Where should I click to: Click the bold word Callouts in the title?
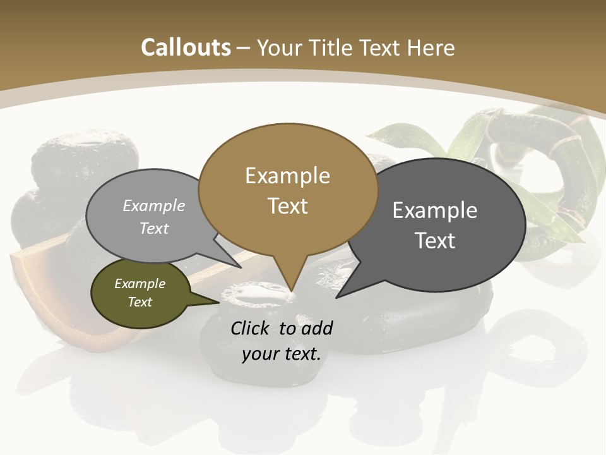pyautogui.click(x=186, y=47)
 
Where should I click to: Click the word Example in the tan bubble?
pyautogui.click(x=287, y=176)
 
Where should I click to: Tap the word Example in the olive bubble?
pyautogui.click(x=140, y=284)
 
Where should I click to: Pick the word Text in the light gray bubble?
pyautogui.click(x=154, y=228)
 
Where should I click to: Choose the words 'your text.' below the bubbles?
pyautogui.click(x=282, y=354)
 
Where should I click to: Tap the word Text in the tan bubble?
pyautogui.click(x=287, y=206)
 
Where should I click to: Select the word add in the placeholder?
pyautogui.click(x=317, y=328)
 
